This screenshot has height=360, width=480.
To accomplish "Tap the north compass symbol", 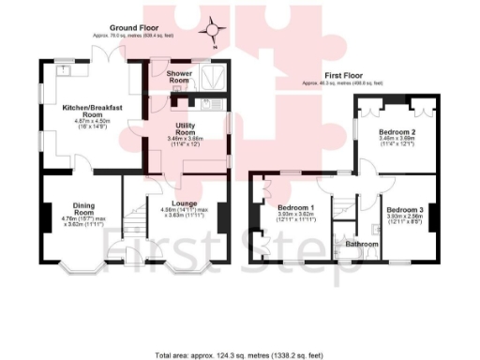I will (x=213, y=31).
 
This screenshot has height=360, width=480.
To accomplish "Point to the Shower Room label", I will (x=178, y=77).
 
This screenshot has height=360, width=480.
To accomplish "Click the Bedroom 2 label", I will (x=397, y=132).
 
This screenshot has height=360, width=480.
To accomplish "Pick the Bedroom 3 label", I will (x=405, y=209).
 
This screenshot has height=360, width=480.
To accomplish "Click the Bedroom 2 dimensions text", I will (x=397, y=142).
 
